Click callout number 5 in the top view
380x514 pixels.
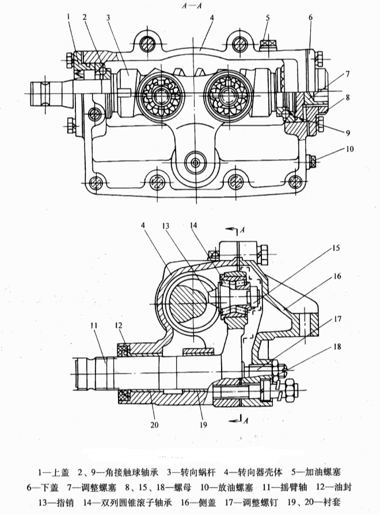tap(268, 17)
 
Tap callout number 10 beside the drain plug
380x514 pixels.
tap(350, 149)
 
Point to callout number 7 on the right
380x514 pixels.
tap(347, 75)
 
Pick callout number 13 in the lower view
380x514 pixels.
tap(166, 225)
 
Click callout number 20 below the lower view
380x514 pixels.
tap(154, 425)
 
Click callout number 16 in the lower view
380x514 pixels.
tap(337, 276)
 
